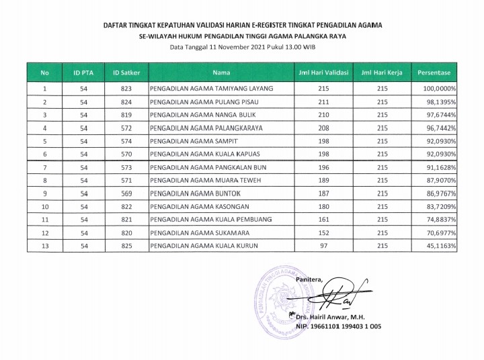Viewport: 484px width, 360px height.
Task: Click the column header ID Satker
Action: [126, 71]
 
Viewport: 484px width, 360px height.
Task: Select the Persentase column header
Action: [434, 71]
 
